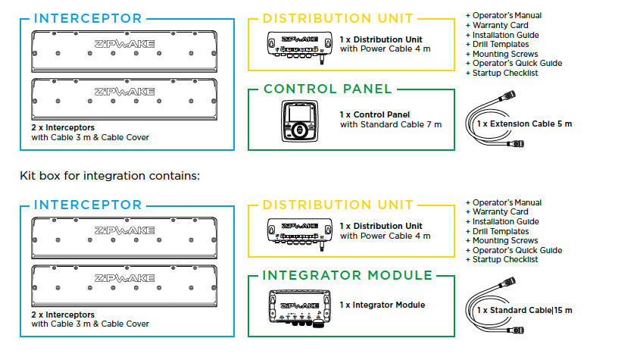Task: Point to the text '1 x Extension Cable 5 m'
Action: (x=524, y=123)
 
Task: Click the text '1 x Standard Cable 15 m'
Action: (x=524, y=311)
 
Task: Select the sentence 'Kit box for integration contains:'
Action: (x=109, y=176)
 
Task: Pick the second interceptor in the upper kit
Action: (x=124, y=96)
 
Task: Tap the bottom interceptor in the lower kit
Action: (x=124, y=284)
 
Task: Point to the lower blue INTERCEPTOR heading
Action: (x=87, y=205)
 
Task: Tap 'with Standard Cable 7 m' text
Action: (x=390, y=124)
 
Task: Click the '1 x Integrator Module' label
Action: (x=382, y=305)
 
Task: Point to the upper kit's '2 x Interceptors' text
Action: (x=64, y=128)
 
